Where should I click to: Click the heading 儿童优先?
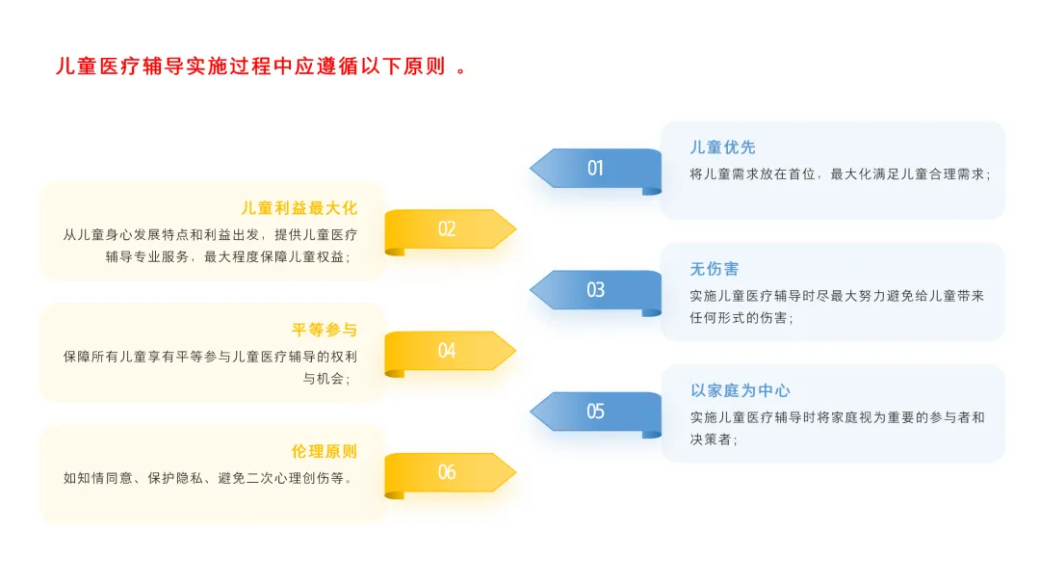[x=722, y=147]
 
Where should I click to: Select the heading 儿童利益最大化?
[x=299, y=208]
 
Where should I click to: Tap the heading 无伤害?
[x=715, y=269]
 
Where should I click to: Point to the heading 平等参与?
[x=325, y=330]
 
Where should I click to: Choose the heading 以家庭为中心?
[x=741, y=390]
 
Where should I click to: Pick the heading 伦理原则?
[x=325, y=451]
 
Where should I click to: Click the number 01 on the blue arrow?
[x=595, y=169]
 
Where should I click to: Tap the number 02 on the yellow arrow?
[x=447, y=229]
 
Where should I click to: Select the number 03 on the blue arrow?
[x=595, y=290]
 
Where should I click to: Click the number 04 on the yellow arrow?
[x=447, y=351]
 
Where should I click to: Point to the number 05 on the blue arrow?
[x=595, y=412]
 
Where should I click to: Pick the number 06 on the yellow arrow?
[x=447, y=472]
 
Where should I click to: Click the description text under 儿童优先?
[x=840, y=174]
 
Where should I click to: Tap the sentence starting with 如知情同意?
[x=209, y=478]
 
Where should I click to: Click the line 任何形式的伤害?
[x=741, y=318]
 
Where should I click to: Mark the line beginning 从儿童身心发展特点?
[x=210, y=234]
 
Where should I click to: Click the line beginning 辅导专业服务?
[x=228, y=257]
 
